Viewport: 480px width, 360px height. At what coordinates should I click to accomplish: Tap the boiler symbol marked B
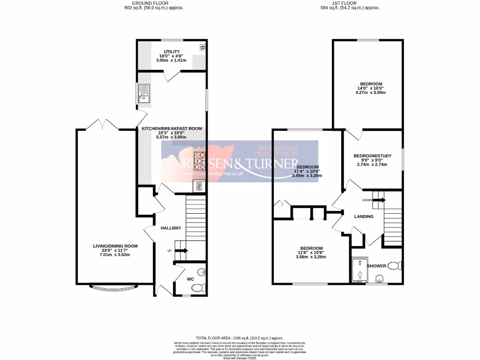pos(202,47)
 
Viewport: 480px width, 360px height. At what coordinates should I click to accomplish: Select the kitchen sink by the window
pos(143,94)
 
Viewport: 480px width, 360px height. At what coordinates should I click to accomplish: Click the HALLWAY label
pos(171,228)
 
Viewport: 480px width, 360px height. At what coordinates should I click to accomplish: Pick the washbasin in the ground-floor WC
pos(201,271)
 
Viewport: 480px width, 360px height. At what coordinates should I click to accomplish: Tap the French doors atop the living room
pos(101,124)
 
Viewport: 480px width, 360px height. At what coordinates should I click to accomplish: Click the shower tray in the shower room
pos(359,270)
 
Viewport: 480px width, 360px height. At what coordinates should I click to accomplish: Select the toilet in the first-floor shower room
pos(396,266)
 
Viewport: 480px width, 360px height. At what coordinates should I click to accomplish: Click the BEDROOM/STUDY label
pos(372,156)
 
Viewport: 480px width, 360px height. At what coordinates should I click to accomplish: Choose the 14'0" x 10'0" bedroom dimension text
pos(368,88)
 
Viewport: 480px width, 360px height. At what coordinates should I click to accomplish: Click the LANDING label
pos(364,217)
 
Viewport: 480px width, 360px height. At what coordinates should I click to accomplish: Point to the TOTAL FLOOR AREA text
pos(240,337)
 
